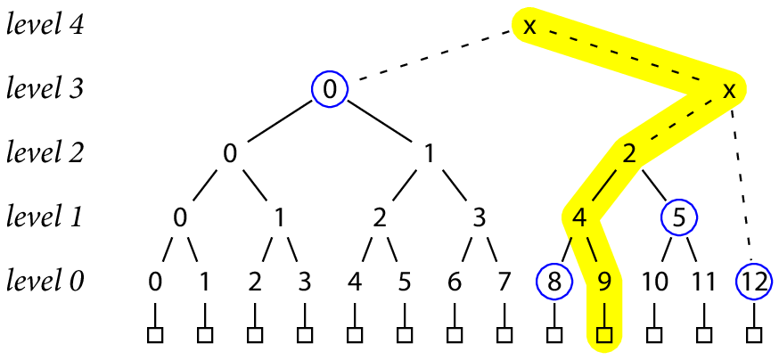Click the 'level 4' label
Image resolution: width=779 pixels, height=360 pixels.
45,25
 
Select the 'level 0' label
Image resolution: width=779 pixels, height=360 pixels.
45,282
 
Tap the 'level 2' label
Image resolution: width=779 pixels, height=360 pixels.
45,153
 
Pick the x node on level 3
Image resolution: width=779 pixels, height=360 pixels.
729,89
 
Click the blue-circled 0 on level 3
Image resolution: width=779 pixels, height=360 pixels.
329,89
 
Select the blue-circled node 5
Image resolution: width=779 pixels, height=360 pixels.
679,217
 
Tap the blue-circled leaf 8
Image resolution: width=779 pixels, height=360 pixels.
553,282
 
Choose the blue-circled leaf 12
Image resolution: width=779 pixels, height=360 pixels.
754,282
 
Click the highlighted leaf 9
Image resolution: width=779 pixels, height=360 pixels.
603,282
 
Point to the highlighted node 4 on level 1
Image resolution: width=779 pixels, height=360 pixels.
578,217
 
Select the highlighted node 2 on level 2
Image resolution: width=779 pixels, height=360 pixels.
629,153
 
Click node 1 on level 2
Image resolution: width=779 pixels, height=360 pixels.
429,153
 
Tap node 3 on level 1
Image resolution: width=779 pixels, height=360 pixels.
480,217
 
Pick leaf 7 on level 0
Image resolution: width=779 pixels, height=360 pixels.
504,282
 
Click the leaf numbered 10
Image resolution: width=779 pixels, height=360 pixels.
654,282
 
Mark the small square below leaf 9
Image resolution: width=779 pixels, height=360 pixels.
603,336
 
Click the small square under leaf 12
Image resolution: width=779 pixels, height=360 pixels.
754,336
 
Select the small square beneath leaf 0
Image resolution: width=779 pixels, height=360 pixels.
155,336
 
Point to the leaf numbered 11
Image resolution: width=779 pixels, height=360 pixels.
704,282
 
